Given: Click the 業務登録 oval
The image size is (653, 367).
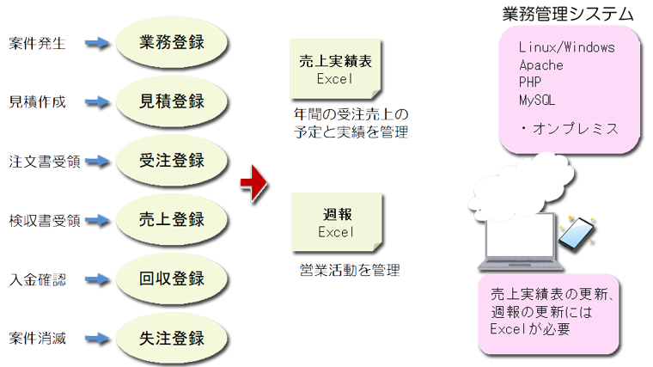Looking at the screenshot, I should [x=173, y=41].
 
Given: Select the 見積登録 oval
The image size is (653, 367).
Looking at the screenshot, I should [x=173, y=101].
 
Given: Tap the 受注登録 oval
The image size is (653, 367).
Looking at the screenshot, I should [x=173, y=160].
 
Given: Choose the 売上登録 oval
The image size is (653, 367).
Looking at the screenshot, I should [x=173, y=219].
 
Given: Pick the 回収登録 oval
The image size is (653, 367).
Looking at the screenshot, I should [x=173, y=278].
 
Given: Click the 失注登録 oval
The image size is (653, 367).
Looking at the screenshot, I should [x=173, y=337].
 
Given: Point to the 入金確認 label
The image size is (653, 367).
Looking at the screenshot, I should [x=37, y=280].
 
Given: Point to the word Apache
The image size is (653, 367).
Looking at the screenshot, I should [x=541, y=65].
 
